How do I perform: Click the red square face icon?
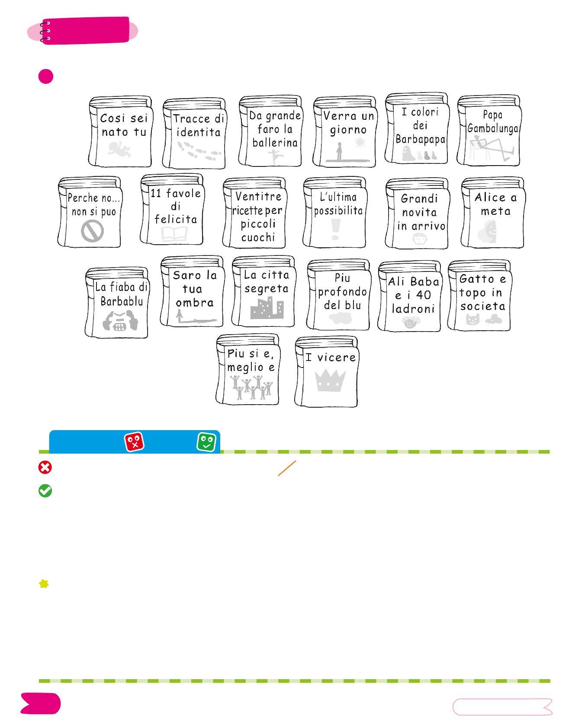[x=134, y=442]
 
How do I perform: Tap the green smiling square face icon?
[x=206, y=442]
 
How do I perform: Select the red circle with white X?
[x=45, y=467]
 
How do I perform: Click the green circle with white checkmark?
[x=45, y=491]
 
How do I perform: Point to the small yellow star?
[x=44, y=584]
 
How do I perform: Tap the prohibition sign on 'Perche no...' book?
[x=92, y=231]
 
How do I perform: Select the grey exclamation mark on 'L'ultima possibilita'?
[x=335, y=229]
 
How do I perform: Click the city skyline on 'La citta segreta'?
[x=267, y=308]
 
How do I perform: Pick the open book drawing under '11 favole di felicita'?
[x=175, y=234]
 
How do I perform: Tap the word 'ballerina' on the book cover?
[x=275, y=143]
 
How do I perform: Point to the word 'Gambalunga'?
[x=492, y=128]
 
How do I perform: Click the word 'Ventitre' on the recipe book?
[x=258, y=197]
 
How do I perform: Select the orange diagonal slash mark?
[x=287, y=468]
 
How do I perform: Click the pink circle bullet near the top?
[x=46, y=77]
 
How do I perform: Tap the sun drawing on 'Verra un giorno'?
[x=360, y=142]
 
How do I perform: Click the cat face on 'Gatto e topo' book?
[x=472, y=319]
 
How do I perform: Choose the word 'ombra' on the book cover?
[x=195, y=303]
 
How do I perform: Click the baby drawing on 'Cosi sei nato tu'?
[x=119, y=150]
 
